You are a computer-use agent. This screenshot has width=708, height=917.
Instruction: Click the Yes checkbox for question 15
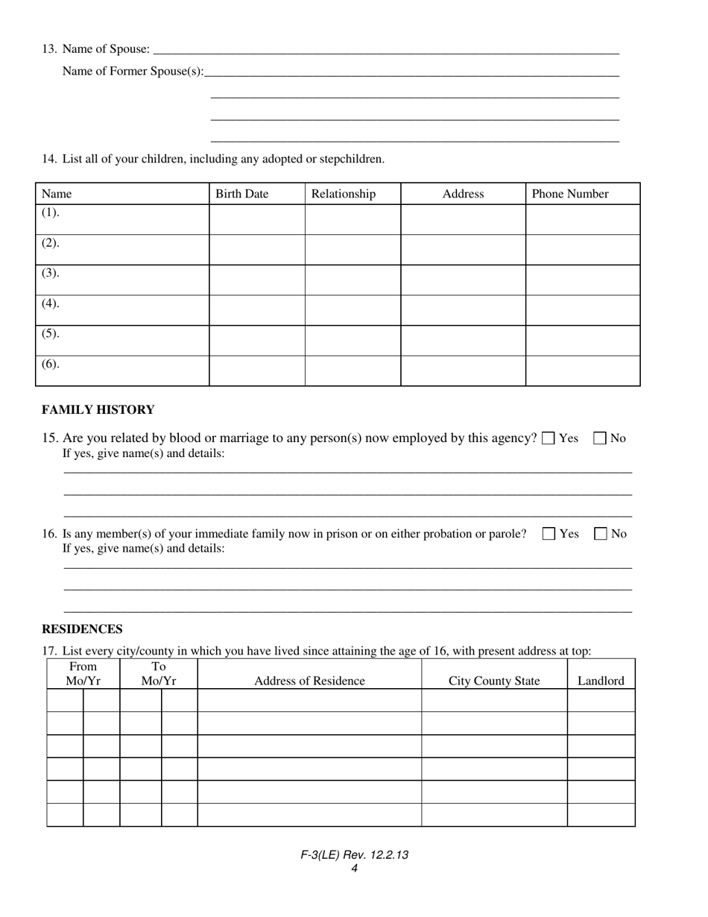point(549,438)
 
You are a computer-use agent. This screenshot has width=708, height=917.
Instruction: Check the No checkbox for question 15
point(600,438)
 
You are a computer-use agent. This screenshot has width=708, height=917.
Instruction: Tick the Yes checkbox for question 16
point(549,534)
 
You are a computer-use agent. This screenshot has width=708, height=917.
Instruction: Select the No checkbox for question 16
point(601,534)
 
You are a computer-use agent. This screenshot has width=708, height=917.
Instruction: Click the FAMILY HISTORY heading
point(98,410)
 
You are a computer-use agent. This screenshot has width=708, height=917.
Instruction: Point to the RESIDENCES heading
point(82,629)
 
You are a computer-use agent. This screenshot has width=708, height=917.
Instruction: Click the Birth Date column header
point(241,194)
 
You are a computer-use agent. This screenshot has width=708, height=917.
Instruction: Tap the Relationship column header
point(344,194)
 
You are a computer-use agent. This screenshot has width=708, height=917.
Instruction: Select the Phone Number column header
point(570,194)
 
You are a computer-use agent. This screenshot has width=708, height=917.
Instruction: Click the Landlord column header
point(601,681)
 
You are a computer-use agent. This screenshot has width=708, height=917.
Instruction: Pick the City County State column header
point(494,681)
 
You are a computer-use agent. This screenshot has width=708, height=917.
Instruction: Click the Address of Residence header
point(309,681)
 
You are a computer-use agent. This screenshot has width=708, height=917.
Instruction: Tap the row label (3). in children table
point(50,273)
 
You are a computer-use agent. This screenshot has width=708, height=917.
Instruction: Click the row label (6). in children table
point(50,364)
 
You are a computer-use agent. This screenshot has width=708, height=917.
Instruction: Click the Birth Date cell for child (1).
point(256,220)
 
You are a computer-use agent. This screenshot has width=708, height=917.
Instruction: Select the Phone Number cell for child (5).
point(583,341)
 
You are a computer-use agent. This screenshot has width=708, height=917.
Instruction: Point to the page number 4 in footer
point(354,868)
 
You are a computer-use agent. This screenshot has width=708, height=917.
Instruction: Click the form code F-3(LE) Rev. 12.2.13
point(354,855)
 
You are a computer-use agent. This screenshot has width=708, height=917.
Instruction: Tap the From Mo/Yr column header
point(83,674)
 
